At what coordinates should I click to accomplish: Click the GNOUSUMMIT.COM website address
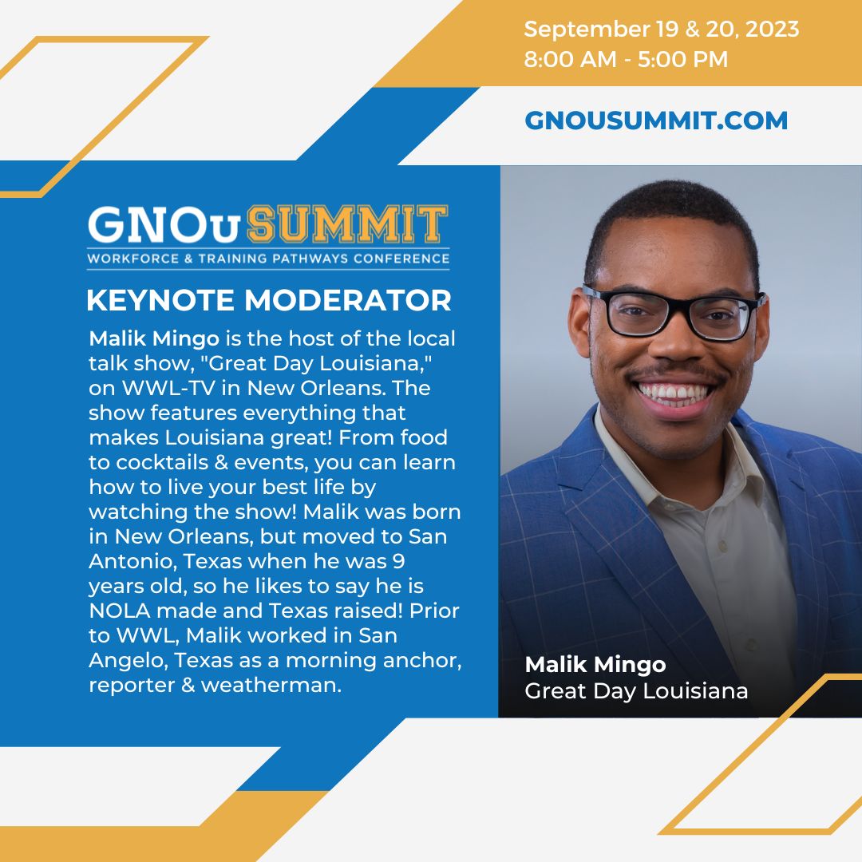[655, 121]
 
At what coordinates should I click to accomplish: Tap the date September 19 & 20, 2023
[661, 30]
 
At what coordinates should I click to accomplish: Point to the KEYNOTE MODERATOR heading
[268, 301]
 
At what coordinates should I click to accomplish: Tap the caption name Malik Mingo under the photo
[595, 665]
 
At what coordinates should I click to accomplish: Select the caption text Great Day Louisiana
[636, 690]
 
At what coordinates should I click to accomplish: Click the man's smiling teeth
[674, 393]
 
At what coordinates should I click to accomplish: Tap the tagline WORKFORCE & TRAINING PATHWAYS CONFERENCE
[268, 259]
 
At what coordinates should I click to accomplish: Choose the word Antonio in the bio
[131, 562]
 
